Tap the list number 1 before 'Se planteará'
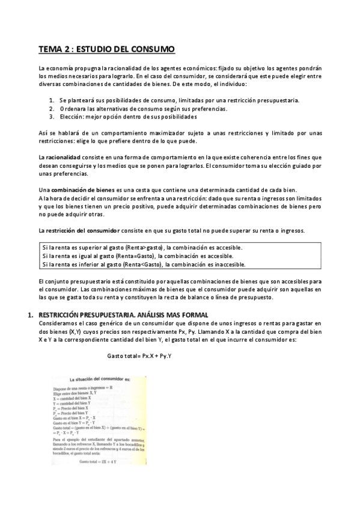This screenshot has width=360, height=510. click(x=52, y=100)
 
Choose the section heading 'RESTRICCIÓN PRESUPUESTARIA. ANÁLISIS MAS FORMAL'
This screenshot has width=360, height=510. click(x=123, y=315)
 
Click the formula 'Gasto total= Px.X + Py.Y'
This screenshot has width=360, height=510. click(x=140, y=356)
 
